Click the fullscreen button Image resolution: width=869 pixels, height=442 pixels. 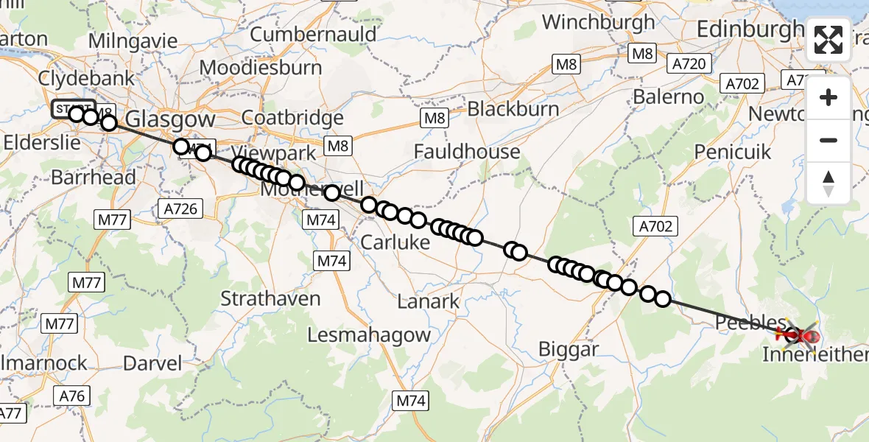[x=828, y=40]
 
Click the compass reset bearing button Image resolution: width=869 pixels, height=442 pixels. [x=828, y=183]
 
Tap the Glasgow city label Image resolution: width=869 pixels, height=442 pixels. [x=170, y=119]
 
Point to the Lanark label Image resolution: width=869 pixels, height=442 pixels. [x=428, y=301]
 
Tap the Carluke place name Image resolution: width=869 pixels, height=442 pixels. [x=395, y=242]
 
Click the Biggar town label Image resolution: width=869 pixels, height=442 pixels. [x=569, y=349]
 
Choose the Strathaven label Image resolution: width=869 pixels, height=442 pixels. [x=272, y=298]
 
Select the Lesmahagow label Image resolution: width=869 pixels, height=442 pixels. [x=369, y=334]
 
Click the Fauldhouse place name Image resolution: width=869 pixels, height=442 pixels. [x=467, y=152]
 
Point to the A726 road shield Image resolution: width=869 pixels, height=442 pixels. [x=180, y=209]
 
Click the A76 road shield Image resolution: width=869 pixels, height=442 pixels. [x=72, y=396]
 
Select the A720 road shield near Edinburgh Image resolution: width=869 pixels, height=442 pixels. [x=689, y=64]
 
